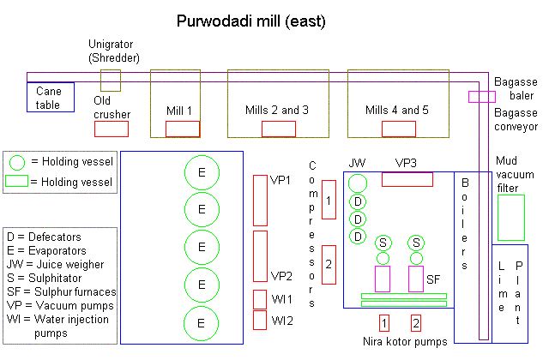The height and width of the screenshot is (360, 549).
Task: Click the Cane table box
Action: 50,97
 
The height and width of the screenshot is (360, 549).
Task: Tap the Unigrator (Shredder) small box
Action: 111,81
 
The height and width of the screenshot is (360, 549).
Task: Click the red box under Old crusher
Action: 111,129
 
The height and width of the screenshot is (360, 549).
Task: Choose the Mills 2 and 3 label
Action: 277,111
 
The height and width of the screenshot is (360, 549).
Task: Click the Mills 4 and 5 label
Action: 397,111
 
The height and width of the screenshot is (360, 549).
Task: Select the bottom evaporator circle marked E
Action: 202,322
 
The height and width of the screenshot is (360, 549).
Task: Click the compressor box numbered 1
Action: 329,199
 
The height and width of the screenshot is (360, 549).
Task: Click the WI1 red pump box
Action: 260,298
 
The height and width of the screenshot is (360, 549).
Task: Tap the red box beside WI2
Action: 260,320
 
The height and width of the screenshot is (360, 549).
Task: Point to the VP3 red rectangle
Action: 407,179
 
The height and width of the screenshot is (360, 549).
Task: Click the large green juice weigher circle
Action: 358,182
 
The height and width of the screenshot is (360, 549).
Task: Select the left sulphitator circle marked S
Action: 383,243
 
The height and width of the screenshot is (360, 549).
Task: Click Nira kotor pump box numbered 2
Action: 416,322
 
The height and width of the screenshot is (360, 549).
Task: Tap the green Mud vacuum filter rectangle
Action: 510,218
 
